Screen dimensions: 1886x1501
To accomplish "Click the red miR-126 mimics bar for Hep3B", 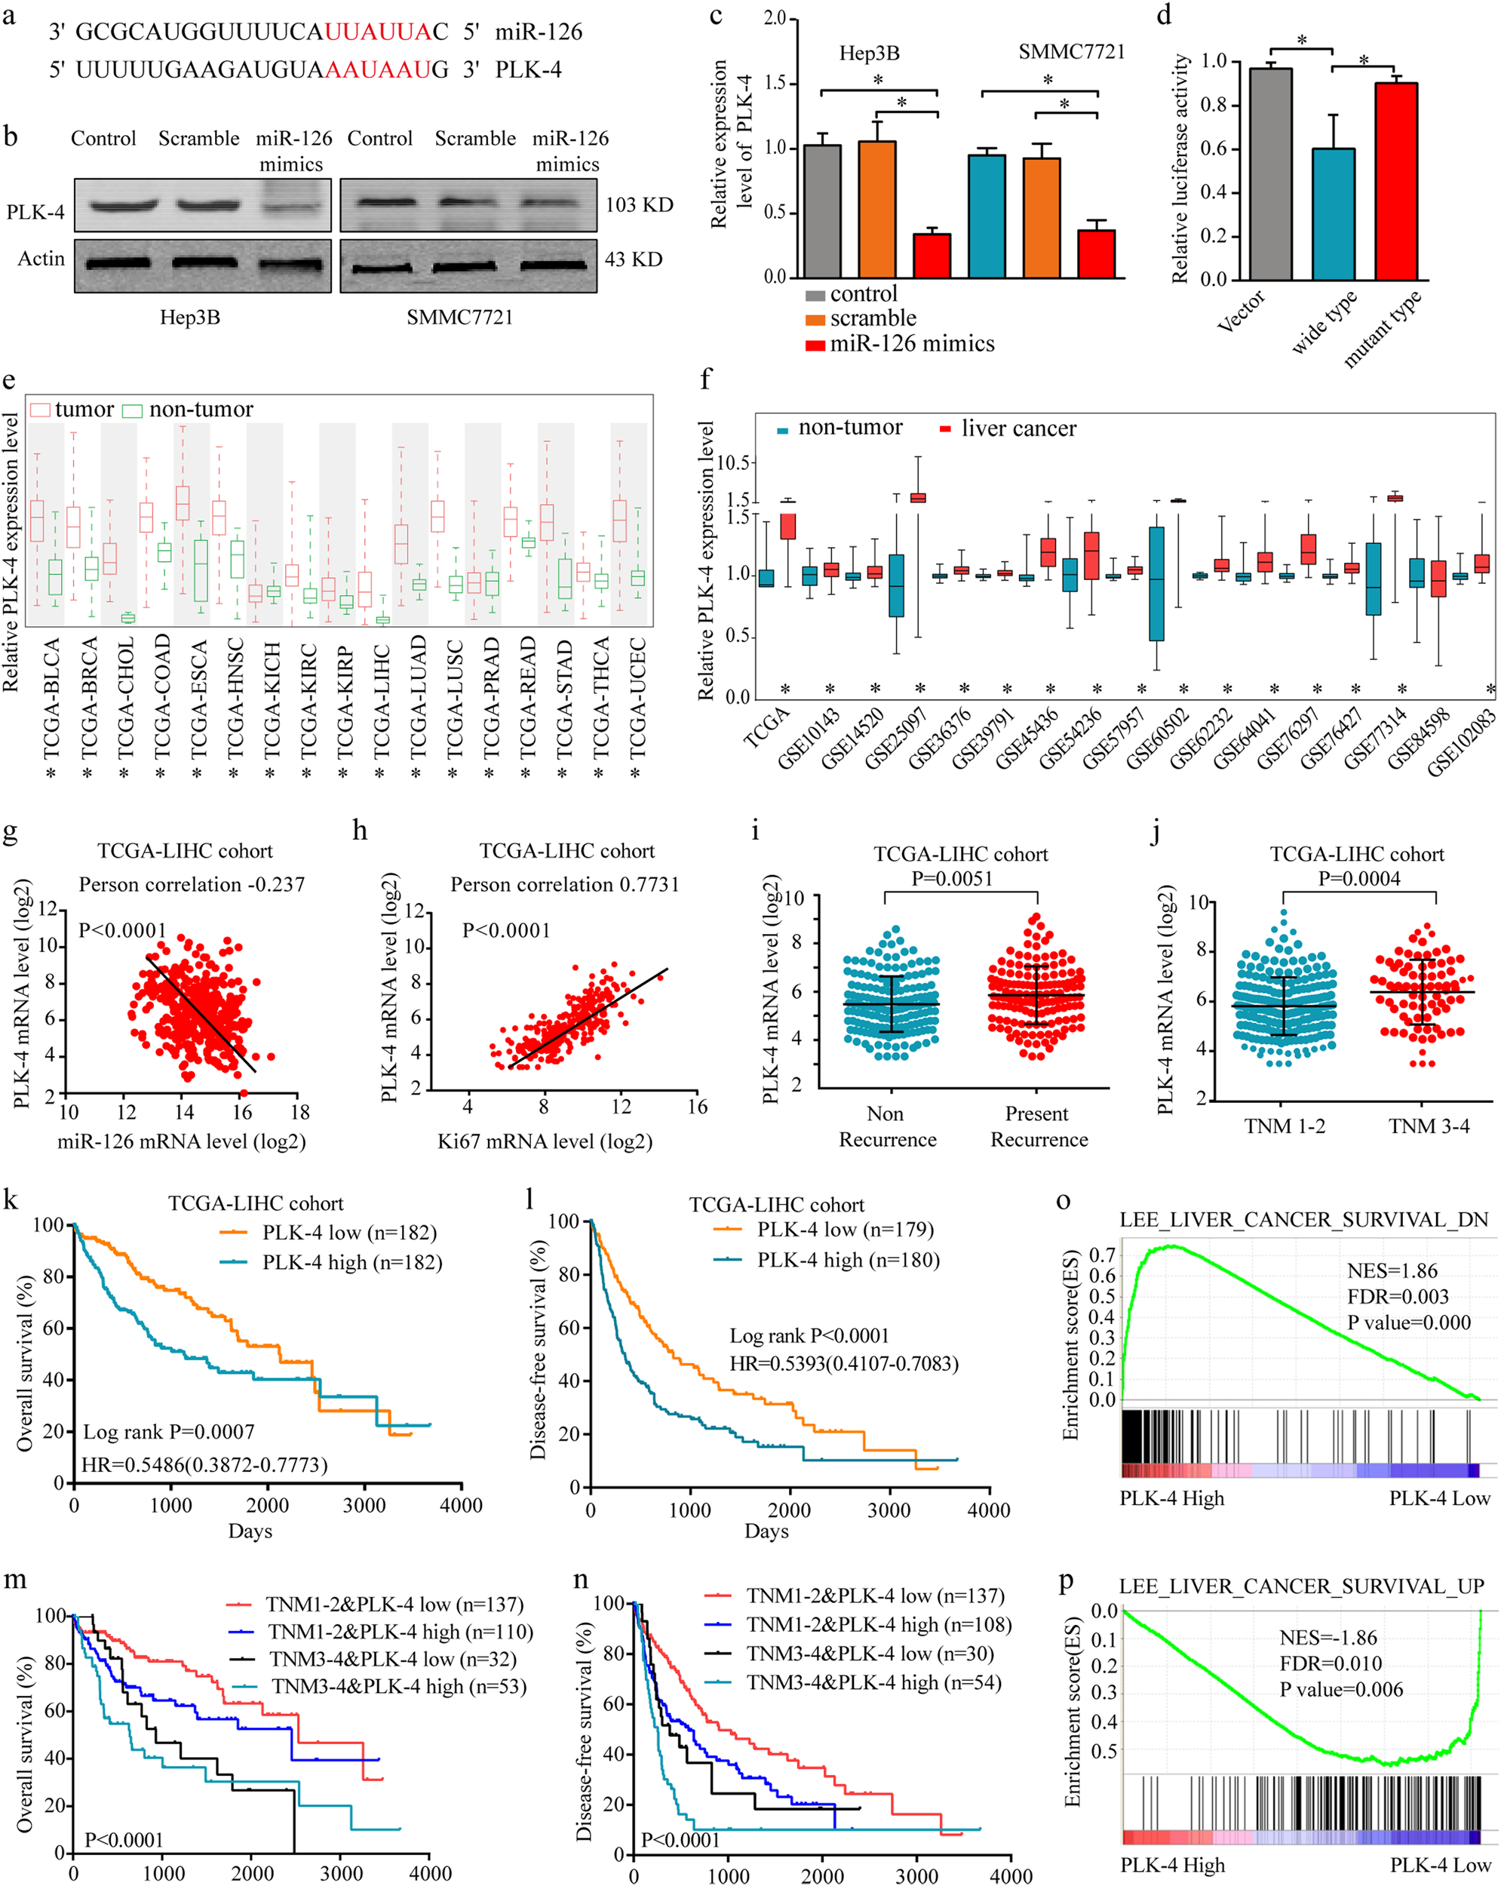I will point(932,256).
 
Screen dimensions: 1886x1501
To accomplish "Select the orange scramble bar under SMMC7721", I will point(1041,219).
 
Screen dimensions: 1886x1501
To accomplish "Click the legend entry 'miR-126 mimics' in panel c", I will point(910,344).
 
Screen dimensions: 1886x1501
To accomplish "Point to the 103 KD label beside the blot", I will point(640,204).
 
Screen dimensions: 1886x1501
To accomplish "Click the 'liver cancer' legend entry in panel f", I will point(1018,428).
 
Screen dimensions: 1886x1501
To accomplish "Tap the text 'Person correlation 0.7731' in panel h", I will point(564,884).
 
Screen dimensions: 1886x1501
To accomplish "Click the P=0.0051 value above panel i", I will point(952,878).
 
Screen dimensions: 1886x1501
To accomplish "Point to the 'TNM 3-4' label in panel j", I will point(1429,1126).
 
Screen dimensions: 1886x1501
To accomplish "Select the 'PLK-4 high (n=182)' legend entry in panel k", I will point(351,1262).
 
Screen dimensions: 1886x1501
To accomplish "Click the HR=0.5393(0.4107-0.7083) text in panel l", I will point(844,1363).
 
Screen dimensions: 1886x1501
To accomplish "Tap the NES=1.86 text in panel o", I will point(1392,1271).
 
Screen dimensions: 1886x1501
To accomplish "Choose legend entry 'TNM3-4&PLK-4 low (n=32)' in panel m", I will point(392,1660).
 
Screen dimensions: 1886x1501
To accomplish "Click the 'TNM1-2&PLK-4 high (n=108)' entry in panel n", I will point(878,1624).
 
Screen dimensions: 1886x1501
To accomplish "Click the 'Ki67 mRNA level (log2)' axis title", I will point(545,1141).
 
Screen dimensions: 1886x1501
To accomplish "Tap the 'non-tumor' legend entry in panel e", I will point(201,410).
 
